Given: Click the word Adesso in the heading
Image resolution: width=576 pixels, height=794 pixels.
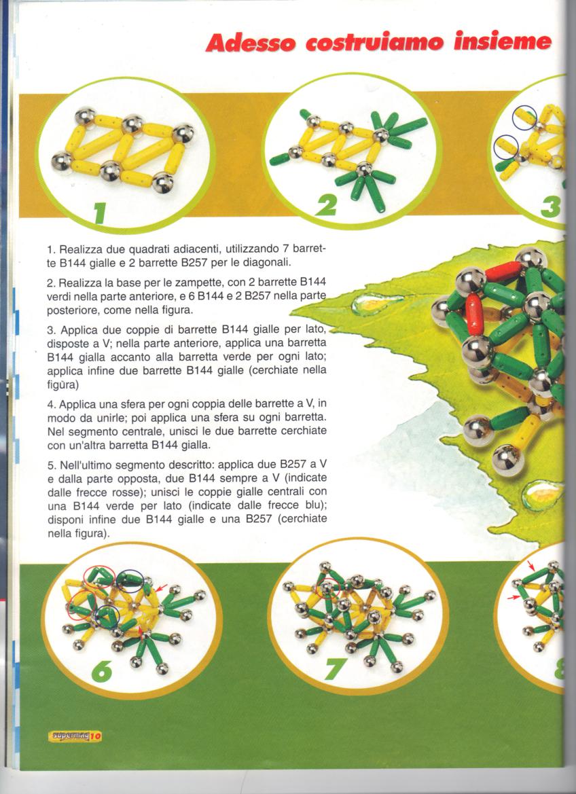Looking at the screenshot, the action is click(250, 41).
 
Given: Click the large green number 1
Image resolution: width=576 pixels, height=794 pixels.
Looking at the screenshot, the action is click(101, 212).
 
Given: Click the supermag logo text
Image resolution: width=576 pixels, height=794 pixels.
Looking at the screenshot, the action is click(69, 736).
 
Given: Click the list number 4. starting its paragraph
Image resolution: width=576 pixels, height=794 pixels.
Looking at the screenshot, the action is click(51, 405).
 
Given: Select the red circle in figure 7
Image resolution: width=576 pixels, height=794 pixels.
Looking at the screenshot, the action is click(327, 588).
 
